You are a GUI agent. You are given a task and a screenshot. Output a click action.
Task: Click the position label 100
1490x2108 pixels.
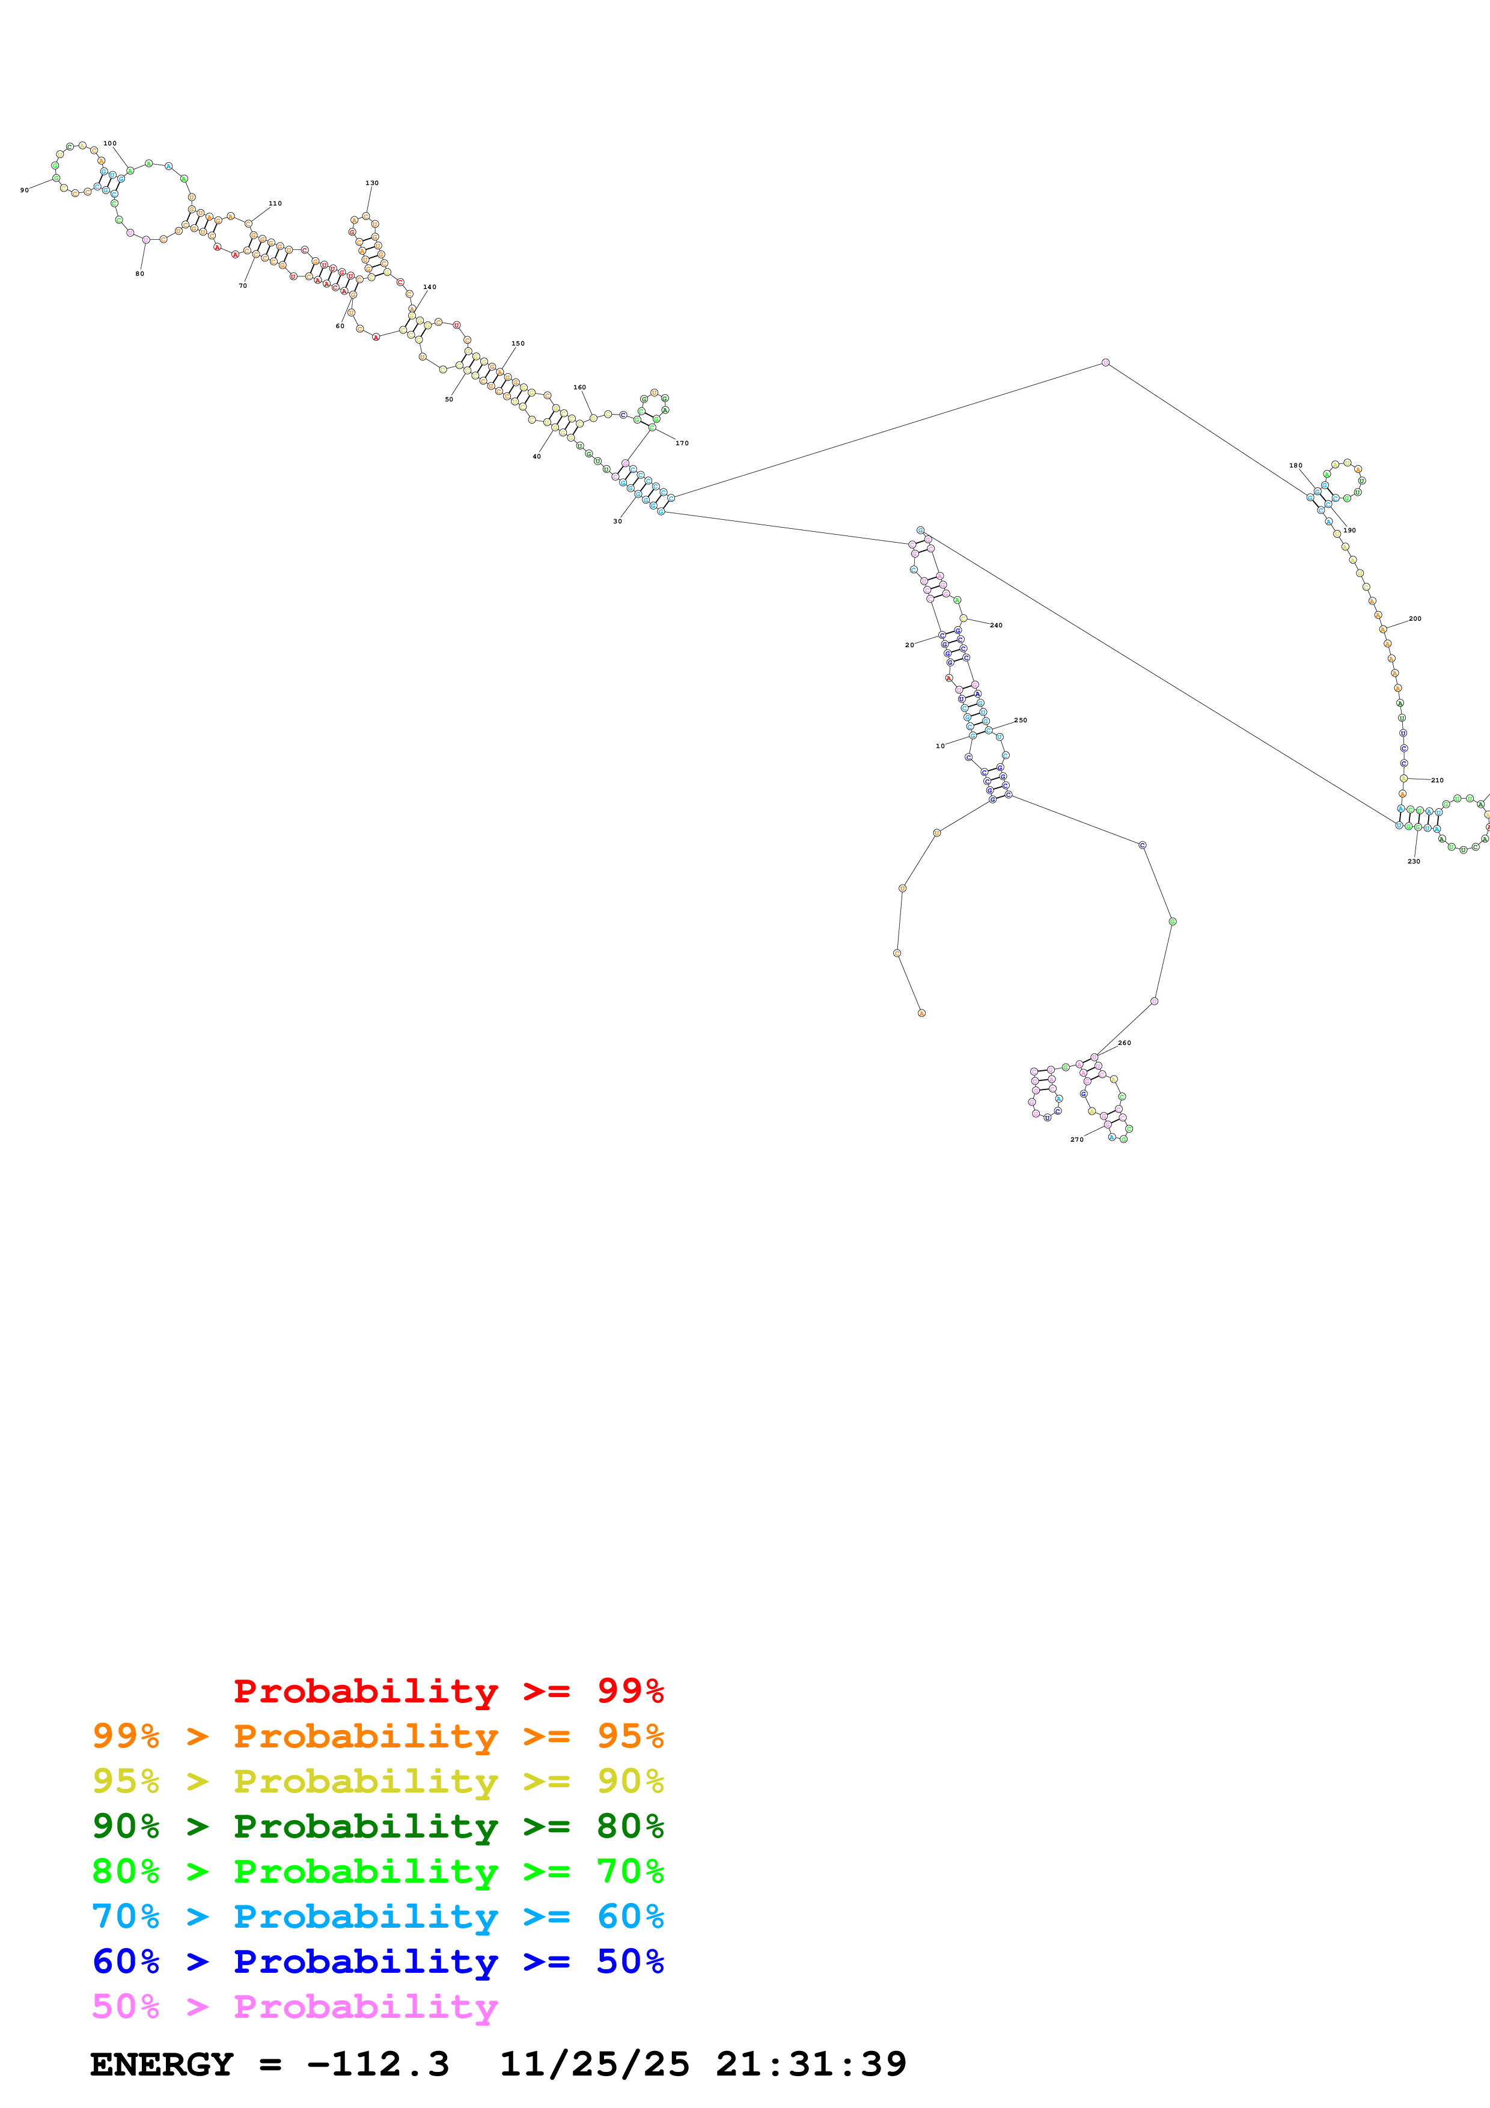click(110, 143)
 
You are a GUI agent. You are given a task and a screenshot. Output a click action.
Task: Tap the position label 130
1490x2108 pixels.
click(372, 183)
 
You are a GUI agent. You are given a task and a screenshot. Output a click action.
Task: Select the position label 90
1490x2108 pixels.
click(24, 190)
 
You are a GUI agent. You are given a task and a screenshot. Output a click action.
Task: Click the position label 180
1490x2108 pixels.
click(1295, 466)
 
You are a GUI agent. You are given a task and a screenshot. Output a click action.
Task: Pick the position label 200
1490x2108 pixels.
click(1415, 619)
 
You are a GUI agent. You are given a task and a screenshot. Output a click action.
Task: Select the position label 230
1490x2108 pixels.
click(1414, 861)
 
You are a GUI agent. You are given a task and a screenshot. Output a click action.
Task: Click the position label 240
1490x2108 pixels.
click(996, 625)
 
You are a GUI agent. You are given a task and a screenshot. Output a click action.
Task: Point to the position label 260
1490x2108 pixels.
click(1125, 1043)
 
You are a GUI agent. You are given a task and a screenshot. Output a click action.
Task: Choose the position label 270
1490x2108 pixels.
click(1077, 1139)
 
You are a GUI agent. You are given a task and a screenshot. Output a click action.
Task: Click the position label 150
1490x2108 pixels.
click(518, 343)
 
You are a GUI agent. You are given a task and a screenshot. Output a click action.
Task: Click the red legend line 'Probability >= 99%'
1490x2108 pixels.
click(448, 1690)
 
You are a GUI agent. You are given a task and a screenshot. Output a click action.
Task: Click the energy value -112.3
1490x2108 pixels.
click(377, 2064)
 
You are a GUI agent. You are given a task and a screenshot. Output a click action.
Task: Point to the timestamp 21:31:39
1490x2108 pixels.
click(811, 2064)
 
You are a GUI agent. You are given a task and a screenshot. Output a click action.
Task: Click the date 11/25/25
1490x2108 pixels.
click(594, 2064)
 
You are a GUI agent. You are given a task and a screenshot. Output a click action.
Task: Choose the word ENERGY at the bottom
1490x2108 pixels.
click(162, 2064)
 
